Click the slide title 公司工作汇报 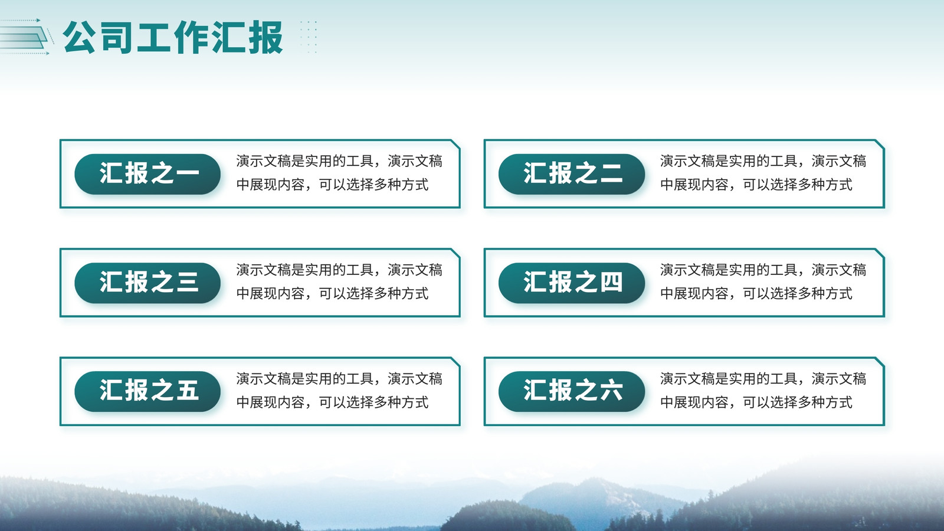pyautogui.click(x=173, y=38)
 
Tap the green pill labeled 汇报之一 pyautogui.click(x=147, y=174)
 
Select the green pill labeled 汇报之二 pyautogui.click(x=572, y=174)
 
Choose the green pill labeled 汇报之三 pyautogui.click(x=147, y=283)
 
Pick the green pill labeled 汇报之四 pyautogui.click(x=572, y=283)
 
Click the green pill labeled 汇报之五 pyautogui.click(x=147, y=391)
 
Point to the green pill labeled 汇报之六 pyautogui.click(x=572, y=391)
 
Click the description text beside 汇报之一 pyautogui.click(x=339, y=173)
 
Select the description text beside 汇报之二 pyautogui.click(x=763, y=173)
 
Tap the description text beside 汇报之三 pyautogui.click(x=339, y=281)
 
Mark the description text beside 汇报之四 pyautogui.click(x=763, y=281)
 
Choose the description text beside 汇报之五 pyautogui.click(x=339, y=390)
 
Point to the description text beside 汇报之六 pyautogui.click(x=763, y=390)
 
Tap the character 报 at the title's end pyautogui.click(x=265, y=38)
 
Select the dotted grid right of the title pyautogui.click(x=309, y=37)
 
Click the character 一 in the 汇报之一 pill pyautogui.click(x=186, y=173)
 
